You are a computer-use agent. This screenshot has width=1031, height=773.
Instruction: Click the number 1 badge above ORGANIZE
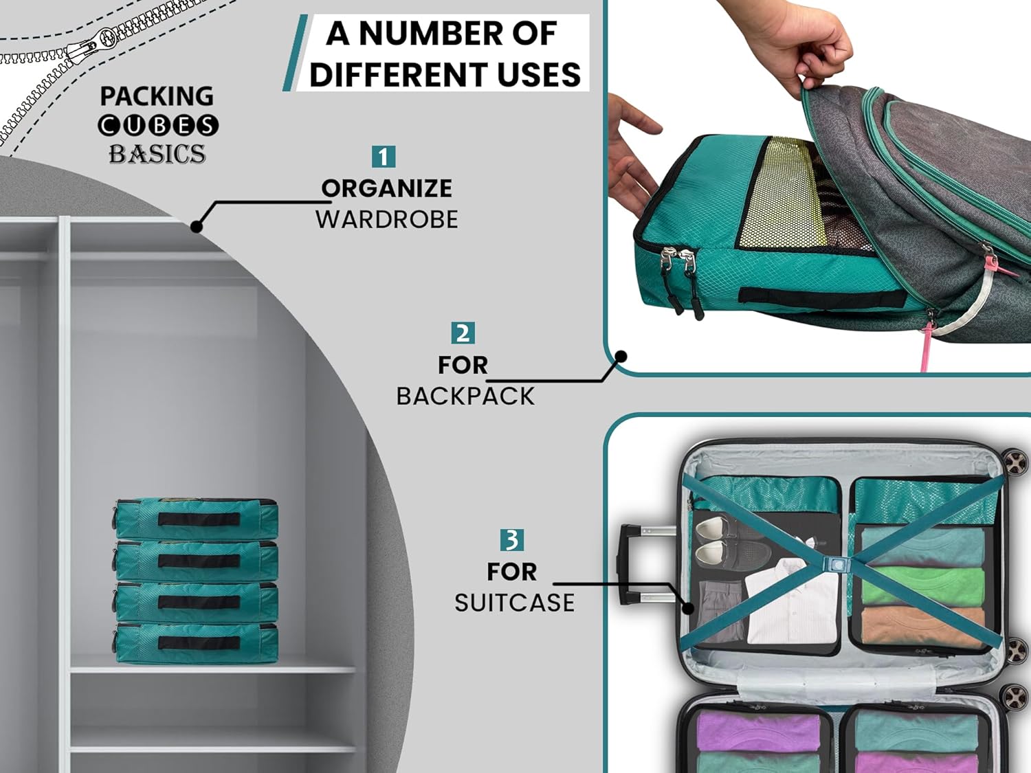383,157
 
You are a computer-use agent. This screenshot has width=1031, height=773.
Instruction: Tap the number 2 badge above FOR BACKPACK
463,333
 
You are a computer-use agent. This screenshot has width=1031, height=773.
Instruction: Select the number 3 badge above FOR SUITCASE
511,540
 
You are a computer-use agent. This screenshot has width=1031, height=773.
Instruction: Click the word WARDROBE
386,220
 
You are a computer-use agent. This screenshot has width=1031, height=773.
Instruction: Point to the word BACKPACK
465,396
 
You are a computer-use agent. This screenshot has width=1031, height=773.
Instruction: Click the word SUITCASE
514,603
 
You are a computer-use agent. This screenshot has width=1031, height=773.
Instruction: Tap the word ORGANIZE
386,188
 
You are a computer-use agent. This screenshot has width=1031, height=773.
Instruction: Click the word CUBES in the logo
158,125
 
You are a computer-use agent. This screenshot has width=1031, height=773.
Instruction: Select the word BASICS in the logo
157,154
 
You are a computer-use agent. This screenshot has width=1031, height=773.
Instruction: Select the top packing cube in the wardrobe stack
197,518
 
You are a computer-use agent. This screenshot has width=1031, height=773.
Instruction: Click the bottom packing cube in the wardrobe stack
197,642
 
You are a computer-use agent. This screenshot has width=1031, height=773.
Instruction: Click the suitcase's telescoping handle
643,564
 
